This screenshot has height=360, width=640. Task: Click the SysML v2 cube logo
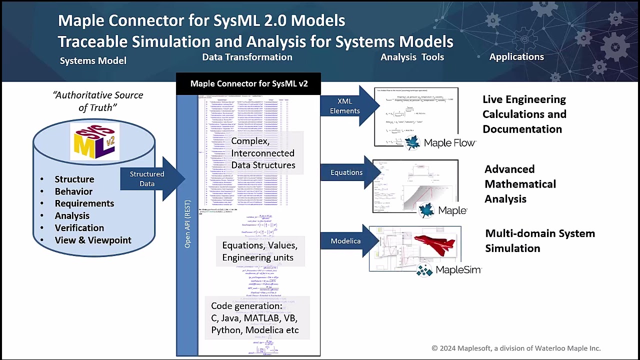coord(95,142)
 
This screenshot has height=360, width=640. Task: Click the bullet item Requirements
coord(84,203)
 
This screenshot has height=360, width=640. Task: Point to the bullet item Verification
coord(79,228)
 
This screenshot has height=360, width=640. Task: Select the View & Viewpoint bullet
coord(92,240)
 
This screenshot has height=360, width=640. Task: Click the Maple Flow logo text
coord(449,143)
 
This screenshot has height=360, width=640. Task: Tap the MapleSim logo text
coord(457,270)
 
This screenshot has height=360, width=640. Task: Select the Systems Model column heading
coord(93,61)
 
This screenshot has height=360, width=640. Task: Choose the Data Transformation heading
coord(247,57)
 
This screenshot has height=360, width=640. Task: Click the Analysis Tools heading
coord(412,57)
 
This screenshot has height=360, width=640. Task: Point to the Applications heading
coord(516,57)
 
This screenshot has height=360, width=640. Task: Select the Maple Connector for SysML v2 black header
coord(248,83)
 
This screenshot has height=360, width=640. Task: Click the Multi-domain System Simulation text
coord(540,240)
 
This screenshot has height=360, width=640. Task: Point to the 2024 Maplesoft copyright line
coord(516,348)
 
